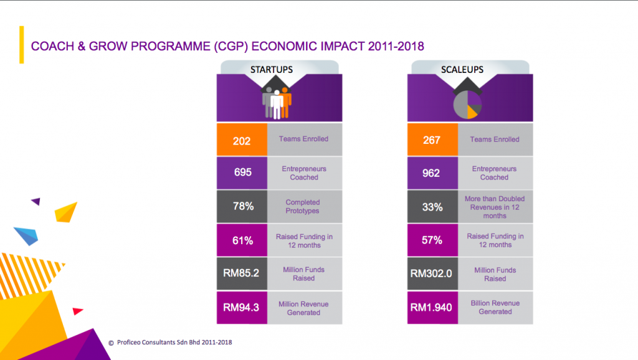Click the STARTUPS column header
click(x=272, y=69)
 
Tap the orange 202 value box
click(x=241, y=141)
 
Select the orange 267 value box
click(x=432, y=140)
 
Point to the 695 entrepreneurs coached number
click(x=241, y=173)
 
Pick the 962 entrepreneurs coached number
click(x=432, y=173)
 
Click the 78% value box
click(x=241, y=206)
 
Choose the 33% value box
click(x=432, y=206)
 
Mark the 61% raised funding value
click(x=241, y=240)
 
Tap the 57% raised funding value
click(x=432, y=240)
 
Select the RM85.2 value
click(x=241, y=273)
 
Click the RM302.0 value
click(x=432, y=273)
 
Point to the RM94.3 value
click(x=241, y=308)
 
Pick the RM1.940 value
click(x=432, y=307)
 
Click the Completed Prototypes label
click(x=303, y=206)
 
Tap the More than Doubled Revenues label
click(x=494, y=207)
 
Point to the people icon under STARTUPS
click(x=276, y=102)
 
